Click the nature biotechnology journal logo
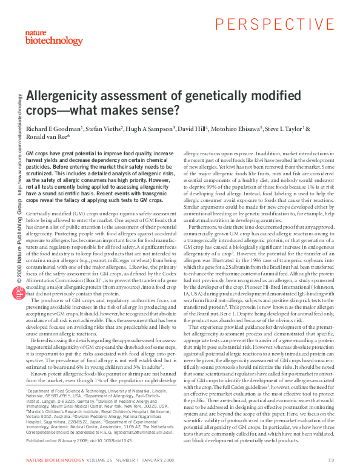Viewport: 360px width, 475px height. pos(44,37)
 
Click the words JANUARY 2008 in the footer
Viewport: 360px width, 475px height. pos(163,462)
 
